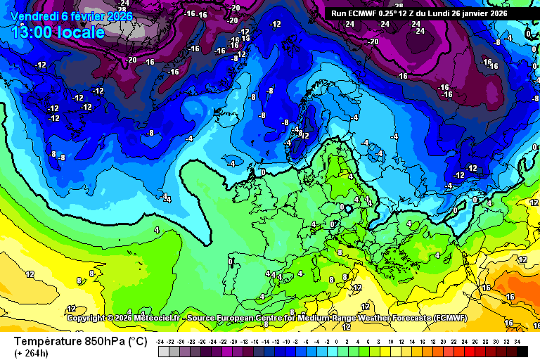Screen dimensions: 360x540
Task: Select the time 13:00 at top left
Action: click(x=34, y=32)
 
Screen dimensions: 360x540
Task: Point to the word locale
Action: click(x=83, y=32)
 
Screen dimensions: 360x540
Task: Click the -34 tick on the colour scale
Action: click(x=161, y=341)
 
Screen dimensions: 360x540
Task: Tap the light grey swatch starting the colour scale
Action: click(x=163, y=351)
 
